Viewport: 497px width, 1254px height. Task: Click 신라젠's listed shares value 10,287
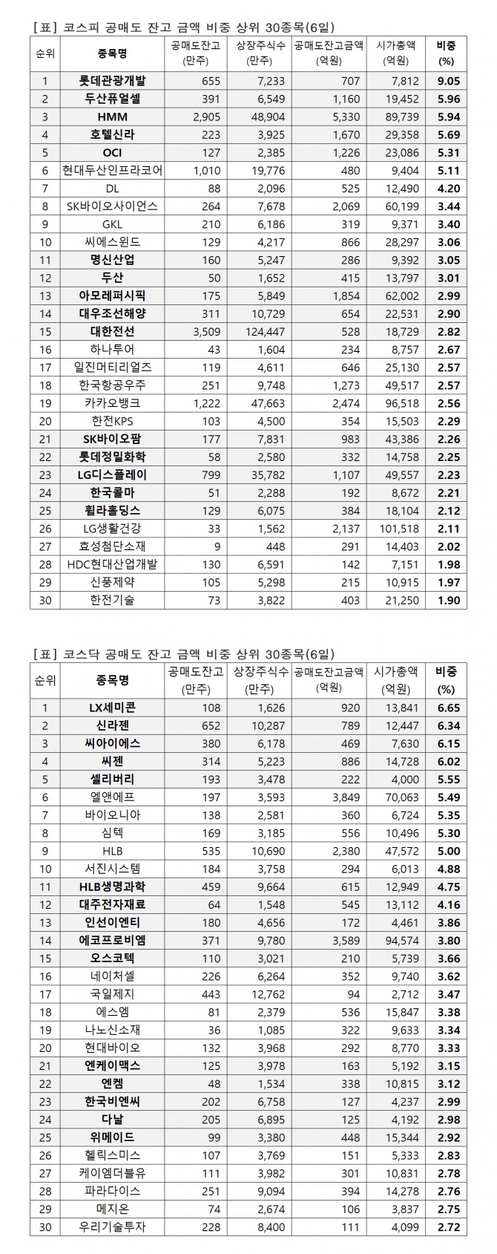tap(260, 725)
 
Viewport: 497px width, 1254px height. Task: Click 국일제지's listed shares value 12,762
tap(260, 993)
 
